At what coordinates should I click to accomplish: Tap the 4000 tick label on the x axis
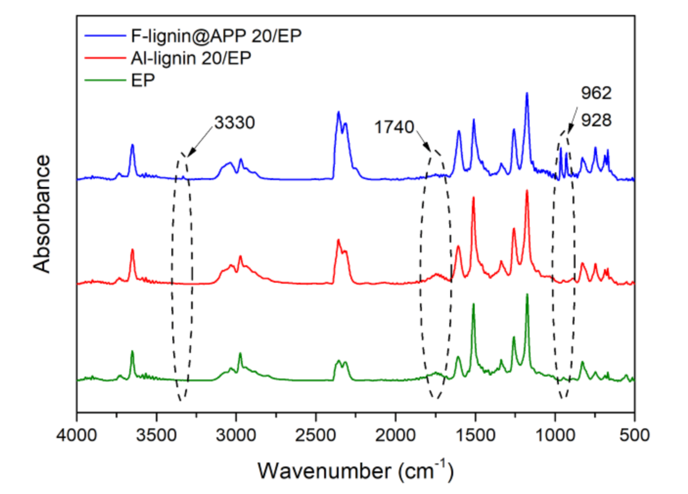click(77, 435)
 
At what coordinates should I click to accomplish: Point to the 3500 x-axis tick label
click(156, 435)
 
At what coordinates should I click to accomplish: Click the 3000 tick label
click(236, 435)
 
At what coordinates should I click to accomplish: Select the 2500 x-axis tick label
click(316, 435)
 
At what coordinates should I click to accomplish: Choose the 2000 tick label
click(395, 435)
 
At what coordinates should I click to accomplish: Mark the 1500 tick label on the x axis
click(475, 435)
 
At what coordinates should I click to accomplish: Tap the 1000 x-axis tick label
click(555, 435)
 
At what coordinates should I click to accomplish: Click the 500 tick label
click(635, 435)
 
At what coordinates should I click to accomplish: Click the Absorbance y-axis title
click(42, 213)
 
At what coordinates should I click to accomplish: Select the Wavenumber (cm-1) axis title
click(356, 471)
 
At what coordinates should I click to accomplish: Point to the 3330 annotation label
click(235, 123)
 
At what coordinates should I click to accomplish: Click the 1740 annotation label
click(394, 127)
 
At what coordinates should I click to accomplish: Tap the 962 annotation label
click(596, 93)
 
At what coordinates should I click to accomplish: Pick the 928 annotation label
click(596, 120)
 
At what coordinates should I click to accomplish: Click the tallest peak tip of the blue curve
click(527, 93)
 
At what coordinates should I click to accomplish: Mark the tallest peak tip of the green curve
click(527, 294)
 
